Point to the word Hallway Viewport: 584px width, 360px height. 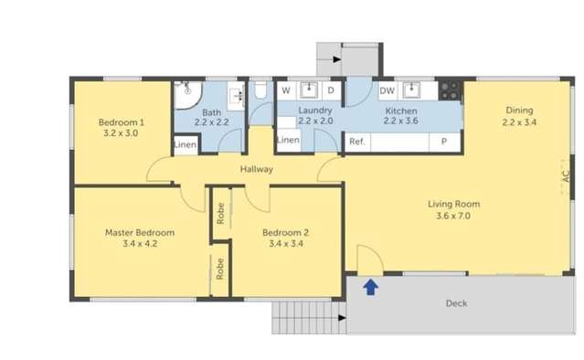click(x=257, y=170)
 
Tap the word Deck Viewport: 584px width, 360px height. click(x=456, y=303)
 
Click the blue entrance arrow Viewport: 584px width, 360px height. click(x=370, y=288)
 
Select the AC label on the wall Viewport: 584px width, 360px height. click(x=566, y=180)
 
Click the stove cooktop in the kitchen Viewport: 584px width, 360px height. click(x=450, y=90)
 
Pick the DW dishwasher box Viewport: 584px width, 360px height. click(x=387, y=90)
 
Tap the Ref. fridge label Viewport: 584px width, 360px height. click(x=357, y=142)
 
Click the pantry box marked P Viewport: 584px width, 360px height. click(x=444, y=142)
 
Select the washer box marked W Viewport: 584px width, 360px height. click(x=286, y=90)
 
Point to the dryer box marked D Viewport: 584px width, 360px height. click(x=331, y=90)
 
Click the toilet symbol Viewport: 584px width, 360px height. click(x=260, y=90)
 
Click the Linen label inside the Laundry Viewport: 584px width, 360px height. click(x=287, y=140)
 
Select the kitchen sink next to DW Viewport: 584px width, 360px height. click(x=411, y=90)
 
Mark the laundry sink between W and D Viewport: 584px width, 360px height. click(x=309, y=90)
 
